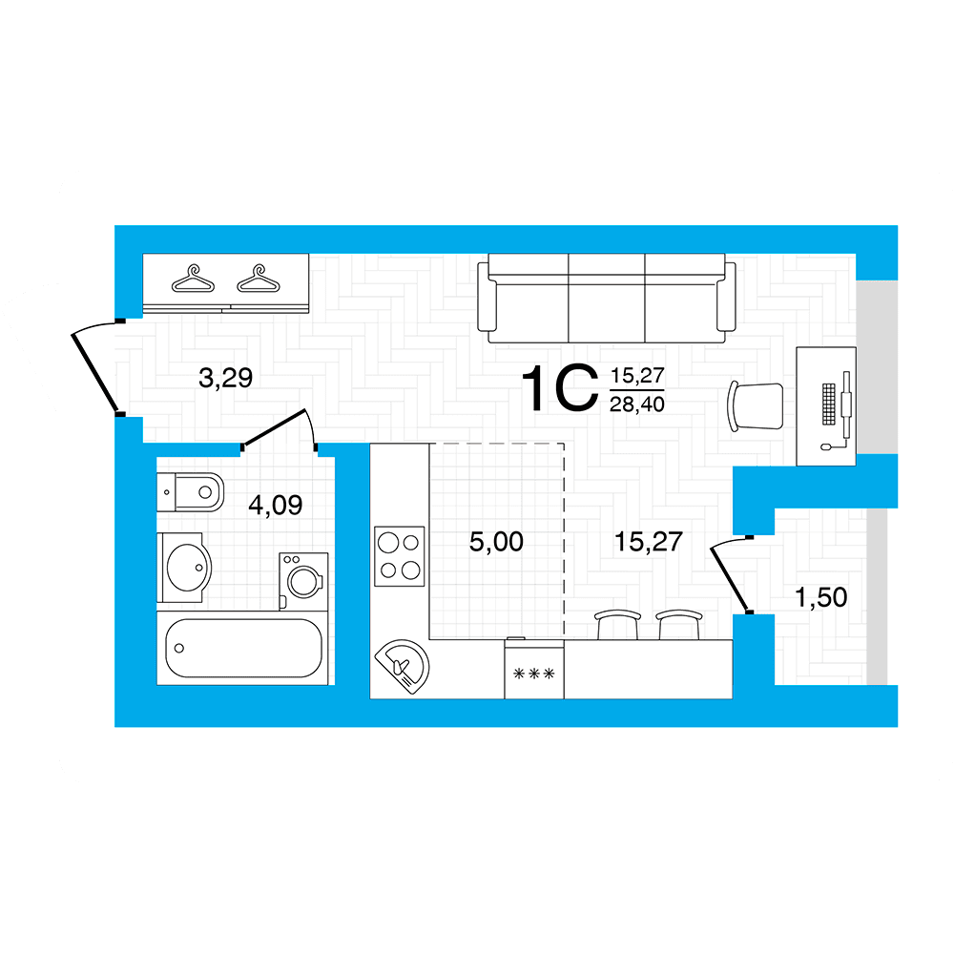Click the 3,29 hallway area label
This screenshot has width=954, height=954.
[x=225, y=379]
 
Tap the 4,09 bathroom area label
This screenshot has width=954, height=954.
[x=275, y=505]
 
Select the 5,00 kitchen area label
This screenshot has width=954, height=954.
[x=496, y=542]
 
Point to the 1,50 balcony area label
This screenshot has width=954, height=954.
[x=820, y=597]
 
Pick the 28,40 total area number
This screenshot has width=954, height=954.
[x=637, y=404]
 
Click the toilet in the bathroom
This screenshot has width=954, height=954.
[x=191, y=491]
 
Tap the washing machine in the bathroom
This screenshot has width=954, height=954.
[x=303, y=581]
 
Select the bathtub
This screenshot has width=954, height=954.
[x=242, y=648]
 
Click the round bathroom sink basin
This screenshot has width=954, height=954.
[x=189, y=568]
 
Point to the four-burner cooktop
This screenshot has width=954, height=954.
[x=399, y=556]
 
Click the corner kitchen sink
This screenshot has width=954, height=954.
[x=403, y=667]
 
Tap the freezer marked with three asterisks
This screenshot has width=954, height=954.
[x=534, y=669]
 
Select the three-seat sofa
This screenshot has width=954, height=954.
[x=607, y=298]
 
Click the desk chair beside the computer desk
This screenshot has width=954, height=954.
[x=756, y=406]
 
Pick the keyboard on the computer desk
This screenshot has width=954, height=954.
[x=829, y=404]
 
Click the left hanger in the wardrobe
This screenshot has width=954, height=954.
[x=193, y=280]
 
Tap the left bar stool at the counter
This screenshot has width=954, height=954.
[x=617, y=625]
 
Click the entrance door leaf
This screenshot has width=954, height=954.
[x=94, y=373]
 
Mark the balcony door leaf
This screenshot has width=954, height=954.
[x=730, y=579]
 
